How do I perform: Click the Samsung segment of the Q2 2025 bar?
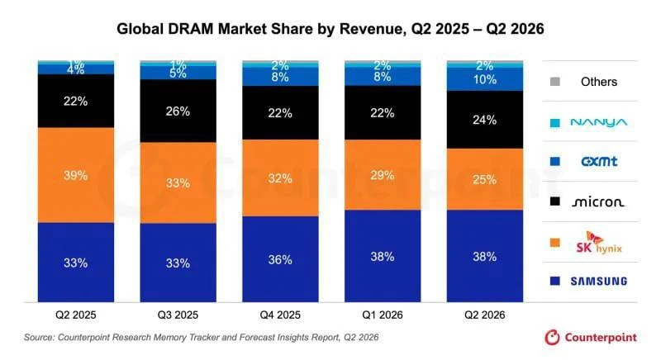76,263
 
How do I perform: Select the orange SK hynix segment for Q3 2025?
178,182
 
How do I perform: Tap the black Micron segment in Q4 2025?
280,113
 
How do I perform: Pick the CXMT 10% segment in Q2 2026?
485,79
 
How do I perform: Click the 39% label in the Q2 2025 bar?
76,175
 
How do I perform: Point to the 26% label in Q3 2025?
178,111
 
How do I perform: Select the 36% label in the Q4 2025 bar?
280,259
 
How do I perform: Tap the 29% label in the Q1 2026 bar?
383,175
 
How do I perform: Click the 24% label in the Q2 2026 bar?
485,120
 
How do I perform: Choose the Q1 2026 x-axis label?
383,315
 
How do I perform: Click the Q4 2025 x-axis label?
280,315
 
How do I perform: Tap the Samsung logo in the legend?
599,281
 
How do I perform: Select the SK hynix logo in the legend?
599,243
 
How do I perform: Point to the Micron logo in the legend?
598,202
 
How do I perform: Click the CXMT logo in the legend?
599,161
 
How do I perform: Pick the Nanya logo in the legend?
599,122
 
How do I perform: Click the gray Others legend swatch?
555,82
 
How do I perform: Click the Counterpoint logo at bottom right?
591,337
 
